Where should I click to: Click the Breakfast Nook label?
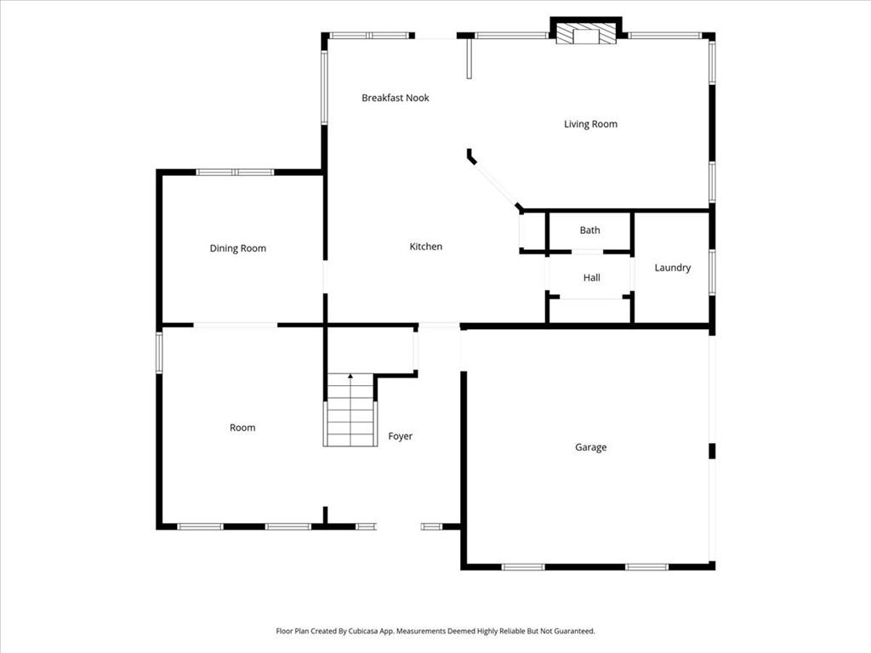(395, 98)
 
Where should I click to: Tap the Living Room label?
(590, 124)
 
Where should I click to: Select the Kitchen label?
(426, 247)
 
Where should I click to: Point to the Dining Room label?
(238, 248)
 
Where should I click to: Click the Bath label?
(589, 230)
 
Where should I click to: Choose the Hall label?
(591, 278)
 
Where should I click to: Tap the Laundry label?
(672, 268)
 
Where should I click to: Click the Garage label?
(590, 447)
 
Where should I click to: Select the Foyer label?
(400, 436)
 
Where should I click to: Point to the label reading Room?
(242, 428)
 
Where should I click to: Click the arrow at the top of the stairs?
(350, 376)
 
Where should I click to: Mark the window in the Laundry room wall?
(712, 272)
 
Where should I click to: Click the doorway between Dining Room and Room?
(235, 325)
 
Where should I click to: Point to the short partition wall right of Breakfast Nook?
(468, 59)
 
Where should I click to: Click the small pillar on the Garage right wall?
(712, 451)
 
